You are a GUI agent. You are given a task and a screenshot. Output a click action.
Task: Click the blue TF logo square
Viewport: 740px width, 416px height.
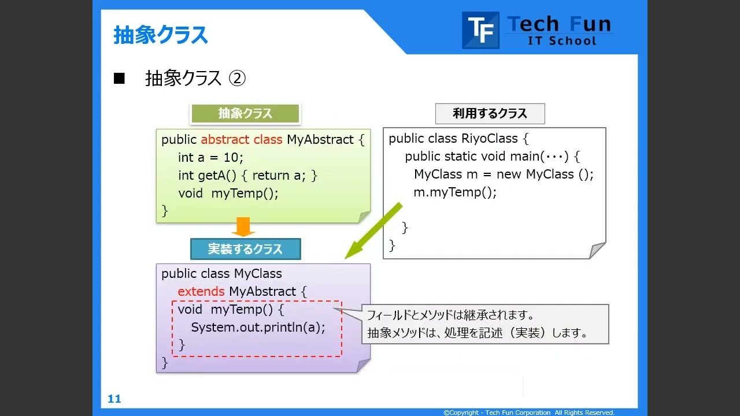pos(480,30)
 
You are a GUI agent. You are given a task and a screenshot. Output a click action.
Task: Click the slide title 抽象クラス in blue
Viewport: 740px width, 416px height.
pos(161,35)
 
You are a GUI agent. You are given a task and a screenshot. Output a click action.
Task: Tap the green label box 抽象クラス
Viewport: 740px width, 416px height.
pos(245,114)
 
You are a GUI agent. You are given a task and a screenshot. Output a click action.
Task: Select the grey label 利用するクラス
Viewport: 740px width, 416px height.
pos(490,114)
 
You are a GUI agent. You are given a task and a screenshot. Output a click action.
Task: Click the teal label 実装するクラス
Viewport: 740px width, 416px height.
pos(245,249)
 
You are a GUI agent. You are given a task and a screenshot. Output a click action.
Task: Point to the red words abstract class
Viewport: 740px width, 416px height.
pos(242,140)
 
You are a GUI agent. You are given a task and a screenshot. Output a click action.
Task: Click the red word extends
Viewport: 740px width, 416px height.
pos(201,291)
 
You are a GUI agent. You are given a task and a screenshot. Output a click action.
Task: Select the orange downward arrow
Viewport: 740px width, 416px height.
pos(243,226)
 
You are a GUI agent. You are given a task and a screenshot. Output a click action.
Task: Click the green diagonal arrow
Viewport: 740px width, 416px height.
pos(373,231)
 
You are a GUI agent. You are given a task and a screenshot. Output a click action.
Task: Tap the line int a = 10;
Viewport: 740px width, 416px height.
pos(210,158)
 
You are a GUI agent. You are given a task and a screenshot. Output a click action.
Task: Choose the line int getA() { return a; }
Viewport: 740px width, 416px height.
pos(247,176)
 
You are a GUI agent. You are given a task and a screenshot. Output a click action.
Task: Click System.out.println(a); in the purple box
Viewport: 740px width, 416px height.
pos(258,328)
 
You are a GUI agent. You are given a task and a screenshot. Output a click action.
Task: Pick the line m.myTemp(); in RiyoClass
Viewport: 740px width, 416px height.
pos(455,192)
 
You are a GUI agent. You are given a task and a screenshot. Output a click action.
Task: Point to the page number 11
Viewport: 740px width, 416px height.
pos(114,399)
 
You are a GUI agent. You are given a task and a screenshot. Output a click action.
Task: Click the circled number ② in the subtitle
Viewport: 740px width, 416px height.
pos(238,79)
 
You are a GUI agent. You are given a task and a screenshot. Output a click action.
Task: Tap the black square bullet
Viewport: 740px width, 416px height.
pos(119,79)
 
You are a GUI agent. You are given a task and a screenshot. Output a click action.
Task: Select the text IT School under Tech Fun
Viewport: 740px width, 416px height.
pos(561,41)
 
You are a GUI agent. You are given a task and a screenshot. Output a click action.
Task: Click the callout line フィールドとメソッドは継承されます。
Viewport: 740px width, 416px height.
pos(450,315)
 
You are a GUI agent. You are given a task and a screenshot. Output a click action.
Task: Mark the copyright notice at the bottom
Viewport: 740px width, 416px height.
pos(528,413)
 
